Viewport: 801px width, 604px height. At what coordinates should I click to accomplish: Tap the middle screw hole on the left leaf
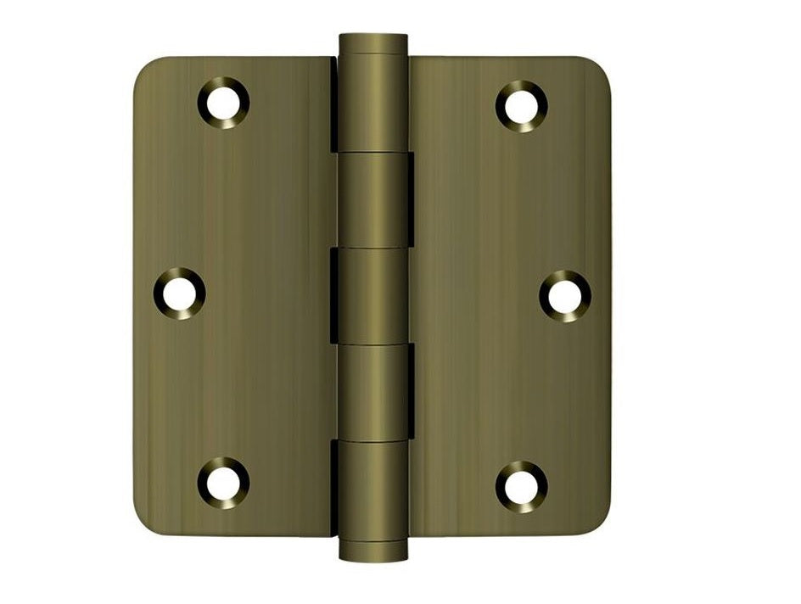click(x=179, y=294)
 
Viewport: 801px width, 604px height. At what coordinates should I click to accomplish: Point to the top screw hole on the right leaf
click(x=521, y=105)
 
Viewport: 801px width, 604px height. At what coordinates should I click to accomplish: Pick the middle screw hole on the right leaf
click(x=565, y=295)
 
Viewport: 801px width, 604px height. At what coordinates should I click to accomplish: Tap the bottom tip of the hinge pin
click(x=372, y=555)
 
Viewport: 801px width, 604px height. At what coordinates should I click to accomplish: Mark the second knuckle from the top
click(x=372, y=201)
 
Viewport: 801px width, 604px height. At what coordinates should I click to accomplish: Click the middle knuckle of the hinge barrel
click(x=372, y=295)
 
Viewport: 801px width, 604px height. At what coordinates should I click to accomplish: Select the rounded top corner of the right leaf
click(x=599, y=70)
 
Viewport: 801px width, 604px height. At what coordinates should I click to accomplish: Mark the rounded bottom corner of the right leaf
click(x=599, y=523)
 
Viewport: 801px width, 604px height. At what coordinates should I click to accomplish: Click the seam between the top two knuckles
click(x=372, y=154)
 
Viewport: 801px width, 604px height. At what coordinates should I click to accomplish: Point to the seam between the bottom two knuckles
click(x=372, y=439)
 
